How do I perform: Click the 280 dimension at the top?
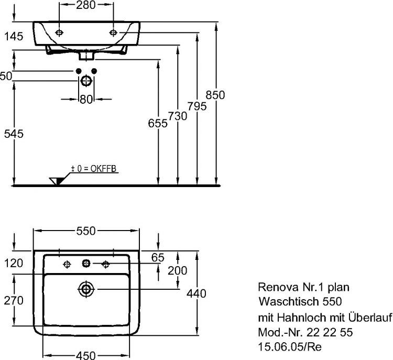[x=86, y=6]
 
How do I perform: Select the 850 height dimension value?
[x=215, y=95]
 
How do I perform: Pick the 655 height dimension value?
[x=158, y=123]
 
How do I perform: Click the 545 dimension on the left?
[x=14, y=134]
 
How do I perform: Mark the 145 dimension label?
[x=14, y=37]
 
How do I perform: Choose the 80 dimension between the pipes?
[x=86, y=99]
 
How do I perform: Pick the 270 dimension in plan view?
[x=14, y=300]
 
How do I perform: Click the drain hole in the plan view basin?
[x=85, y=288]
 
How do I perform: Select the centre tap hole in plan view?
[x=85, y=263]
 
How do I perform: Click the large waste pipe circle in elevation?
[x=86, y=81]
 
